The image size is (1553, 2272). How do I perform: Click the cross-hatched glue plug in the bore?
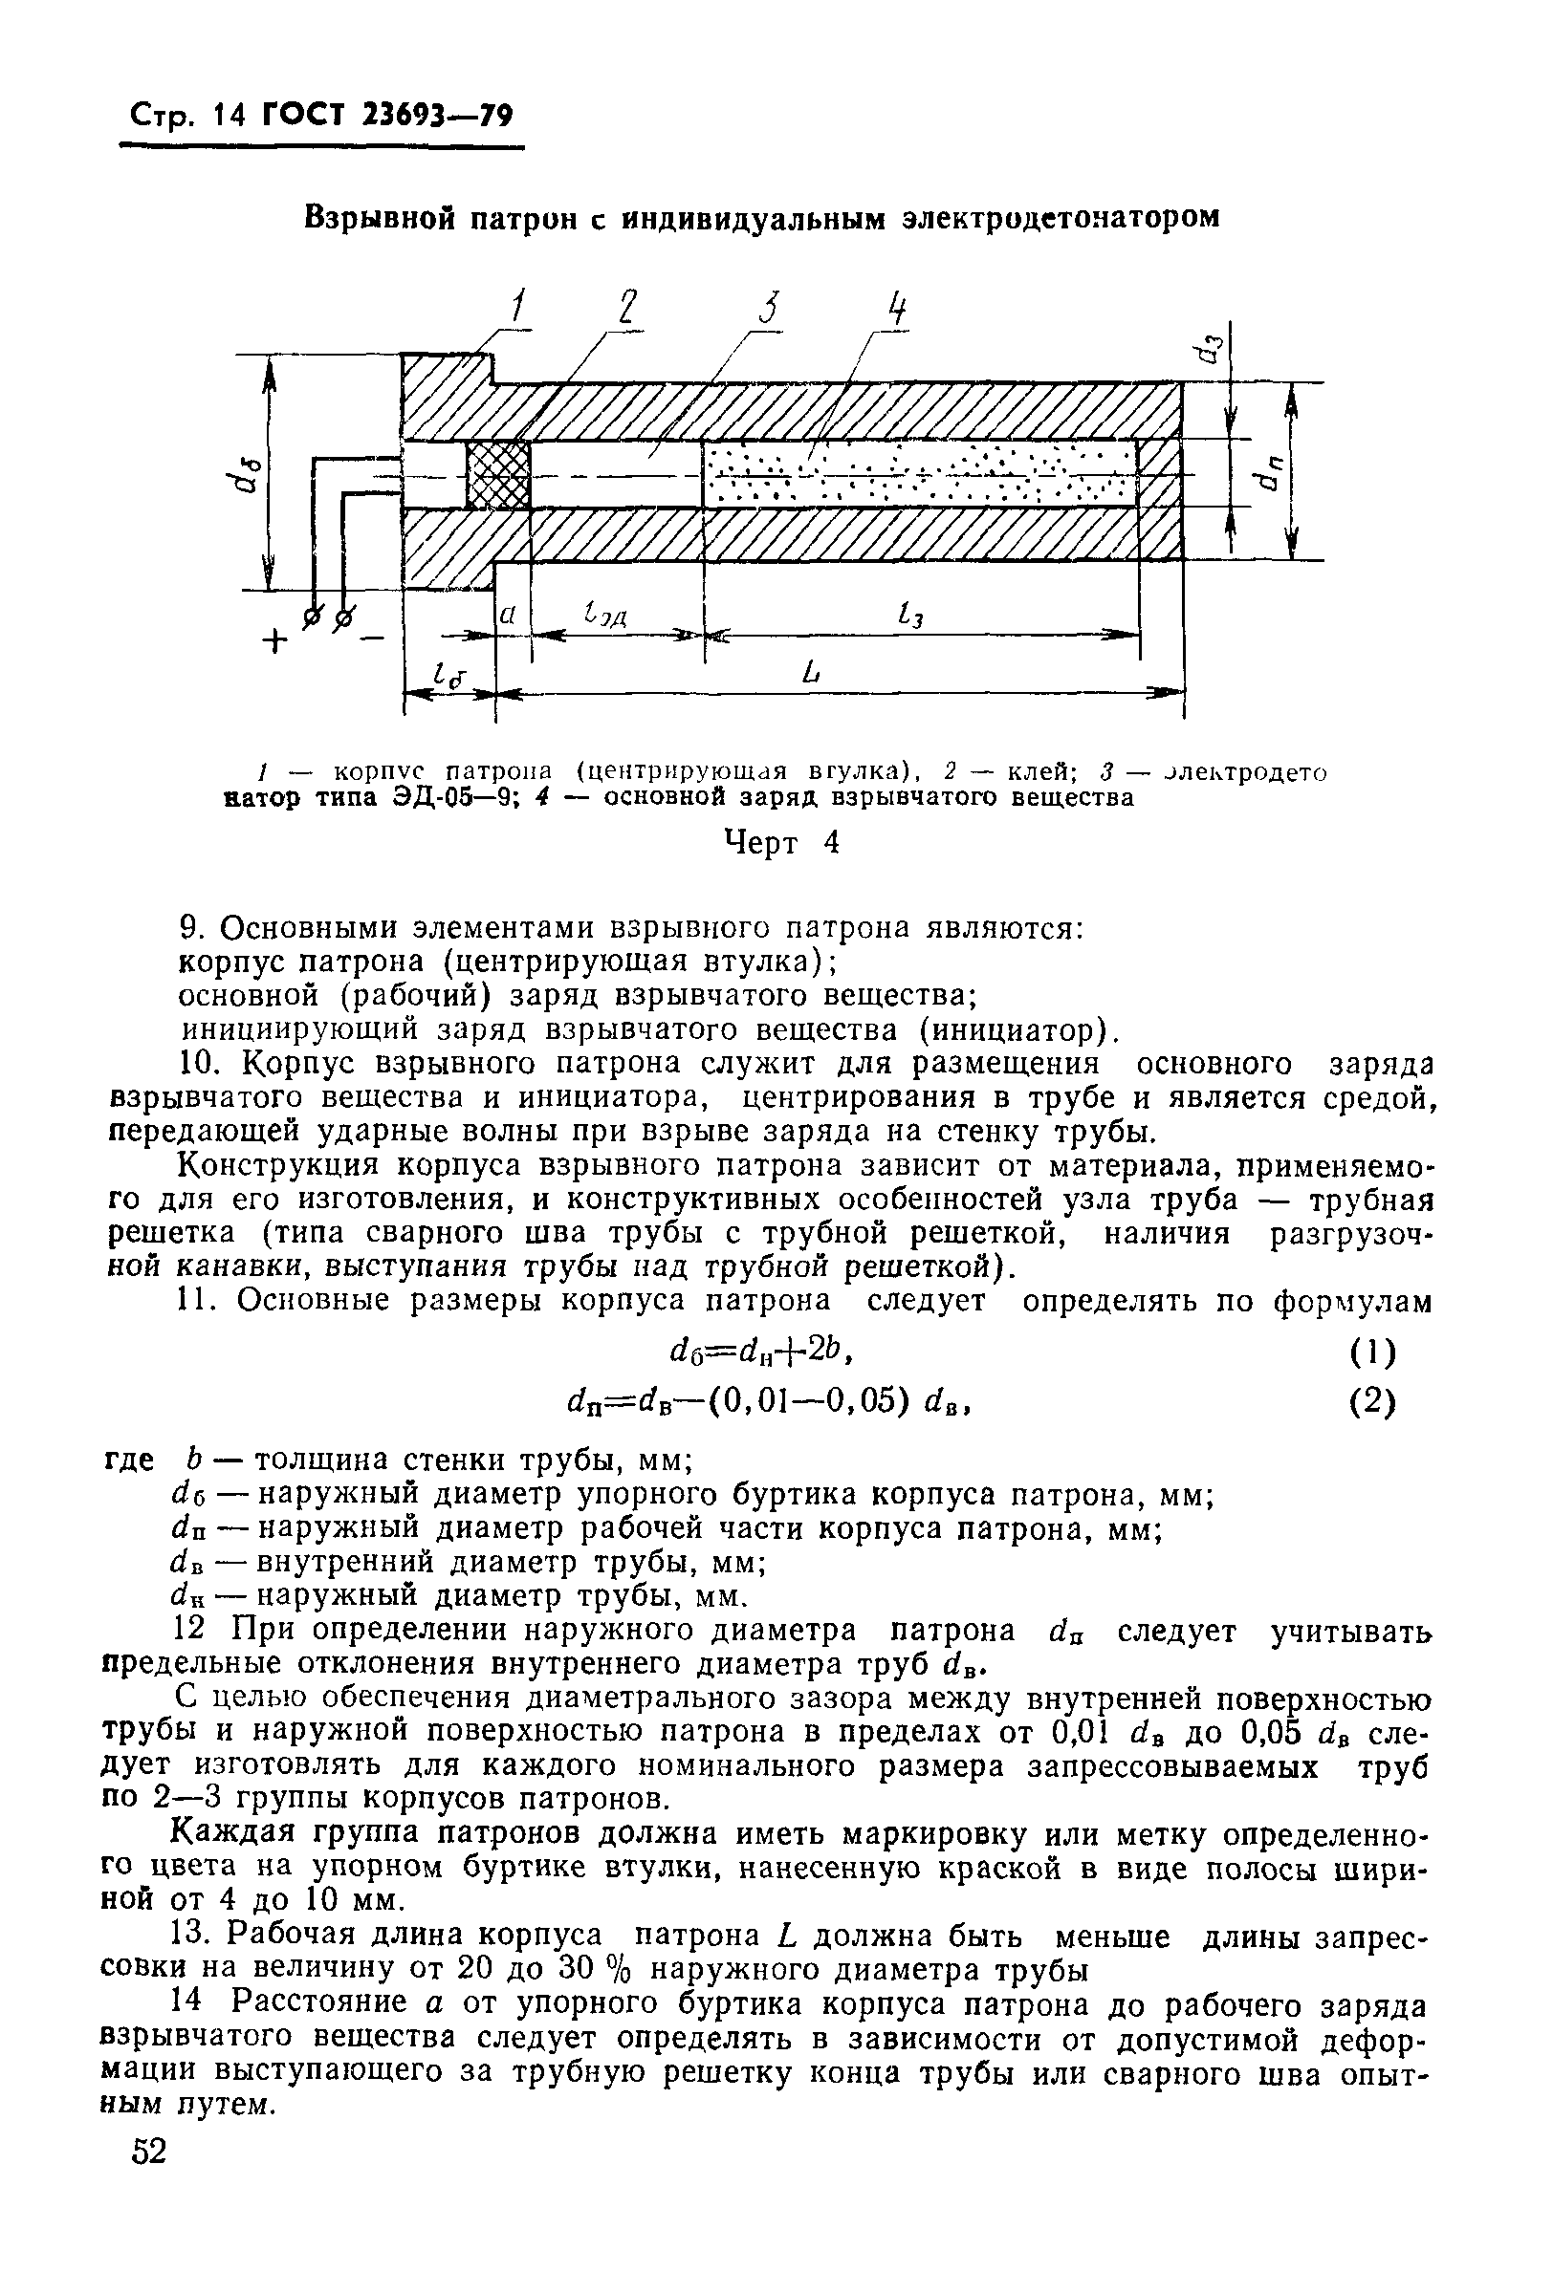click(499, 474)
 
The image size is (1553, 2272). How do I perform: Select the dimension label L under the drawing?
click(808, 673)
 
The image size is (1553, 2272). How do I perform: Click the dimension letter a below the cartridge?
click(508, 616)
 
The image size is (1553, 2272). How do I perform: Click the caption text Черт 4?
click(780, 843)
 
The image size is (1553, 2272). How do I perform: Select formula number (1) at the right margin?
click(1373, 1353)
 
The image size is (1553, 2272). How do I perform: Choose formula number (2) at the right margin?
click(1373, 1402)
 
